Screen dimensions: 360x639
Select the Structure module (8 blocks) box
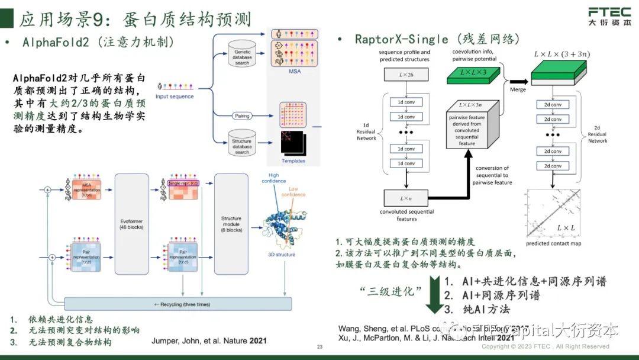[x=231, y=223]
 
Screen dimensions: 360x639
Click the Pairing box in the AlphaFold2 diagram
[x=241, y=115]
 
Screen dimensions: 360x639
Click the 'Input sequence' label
[x=174, y=97]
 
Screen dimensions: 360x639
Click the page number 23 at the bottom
[x=319, y=347]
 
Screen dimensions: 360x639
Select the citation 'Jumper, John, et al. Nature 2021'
[x=209, y=340]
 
